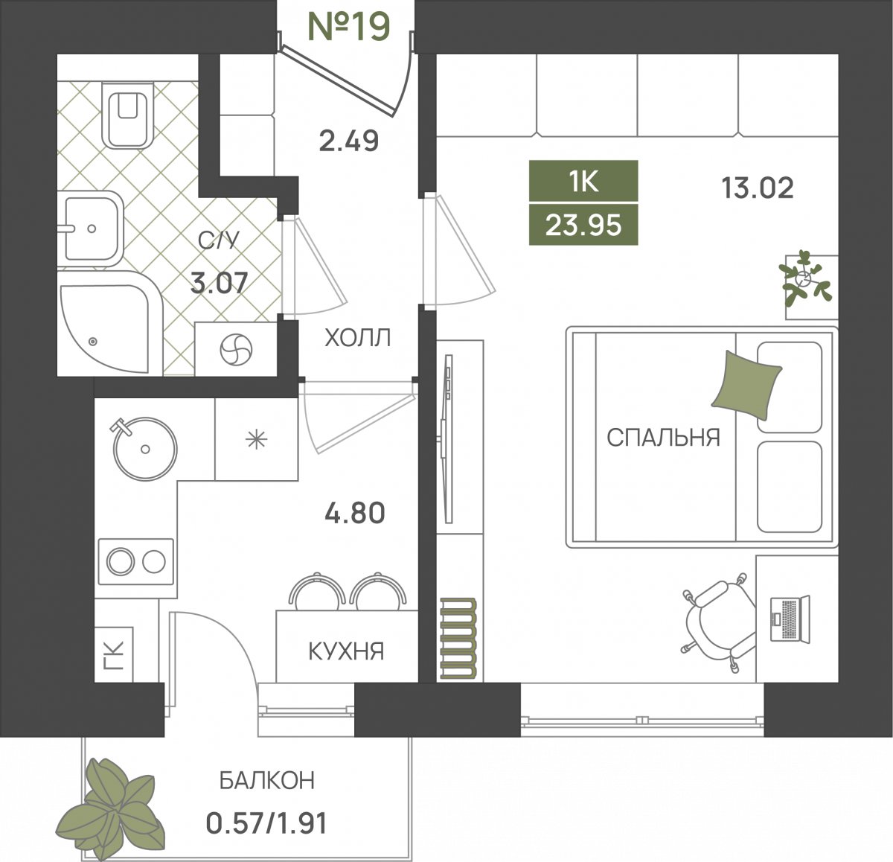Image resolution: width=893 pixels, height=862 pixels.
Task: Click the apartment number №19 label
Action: [x=349, y=26]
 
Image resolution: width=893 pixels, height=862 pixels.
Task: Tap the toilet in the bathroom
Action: [x=127, y=115]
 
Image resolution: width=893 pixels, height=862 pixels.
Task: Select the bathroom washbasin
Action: [x=90, y=229]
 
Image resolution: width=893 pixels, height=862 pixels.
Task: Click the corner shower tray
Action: [x=110, y=322]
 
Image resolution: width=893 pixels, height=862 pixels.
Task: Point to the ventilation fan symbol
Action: [x=236, y=350]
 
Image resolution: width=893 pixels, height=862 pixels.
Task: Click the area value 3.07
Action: [x=219, y=283]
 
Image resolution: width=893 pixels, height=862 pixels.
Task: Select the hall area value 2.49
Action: [x=349, y=141]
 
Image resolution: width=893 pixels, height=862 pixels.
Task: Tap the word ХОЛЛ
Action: [x=357, y=338]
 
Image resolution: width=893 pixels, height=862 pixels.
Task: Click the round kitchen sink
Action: [x=144, y=448]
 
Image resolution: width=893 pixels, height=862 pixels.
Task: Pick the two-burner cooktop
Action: [x=136, y=561]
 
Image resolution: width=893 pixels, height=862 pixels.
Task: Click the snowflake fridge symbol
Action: [x=256, y=439]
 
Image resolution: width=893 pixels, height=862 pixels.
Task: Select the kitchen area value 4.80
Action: [x=355, y=513]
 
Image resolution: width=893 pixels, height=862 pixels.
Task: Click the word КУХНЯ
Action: [x=346, y=651]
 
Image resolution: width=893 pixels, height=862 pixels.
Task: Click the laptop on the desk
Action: [x=790, y=619]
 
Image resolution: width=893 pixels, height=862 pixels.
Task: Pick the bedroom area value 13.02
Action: [x=758, y=188]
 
